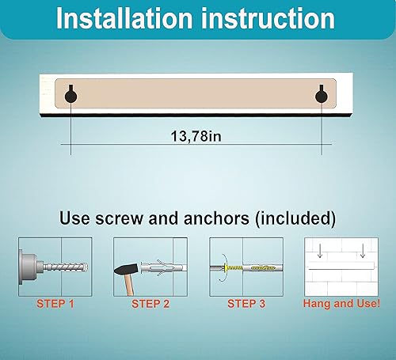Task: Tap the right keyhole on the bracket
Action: click(321, 95)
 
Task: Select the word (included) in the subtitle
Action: click(291, 216)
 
